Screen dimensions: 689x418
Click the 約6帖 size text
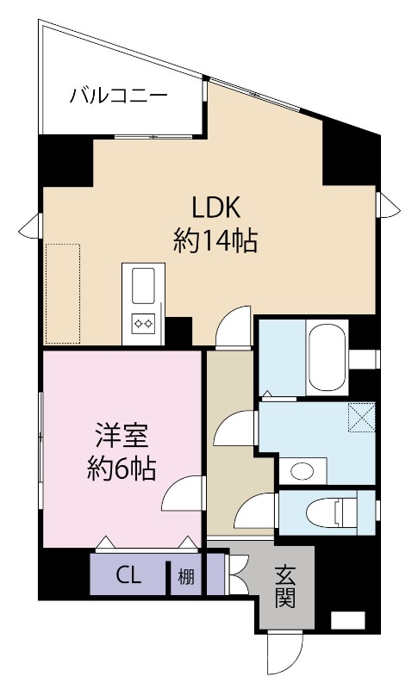pyautogui.click(x=121, y=469)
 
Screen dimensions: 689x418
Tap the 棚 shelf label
pyautogui.click(x=185, y=576)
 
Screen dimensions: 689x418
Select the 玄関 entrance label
pyautogui.click(x=285, y=586)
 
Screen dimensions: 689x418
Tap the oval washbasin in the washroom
pyautogui.click(x=302, y=470)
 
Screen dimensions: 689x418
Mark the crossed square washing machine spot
pyautogui.click(x=361, y=418)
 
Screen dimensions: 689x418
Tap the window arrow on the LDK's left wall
pyautogui.click(x=31, y=227)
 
